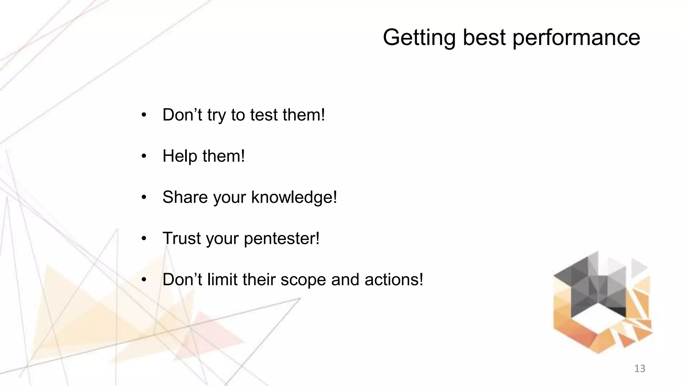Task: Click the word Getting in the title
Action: coord(419,38)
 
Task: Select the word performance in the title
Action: coord(576,38)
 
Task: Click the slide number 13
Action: coord(640,369)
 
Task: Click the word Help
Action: coord(179,156)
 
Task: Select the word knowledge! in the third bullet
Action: coord(294,197)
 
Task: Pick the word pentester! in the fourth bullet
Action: coord(281,239)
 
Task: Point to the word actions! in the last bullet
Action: coord(394,280)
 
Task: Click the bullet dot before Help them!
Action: coord(144,156)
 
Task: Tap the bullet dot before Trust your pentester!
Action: coord(144,239)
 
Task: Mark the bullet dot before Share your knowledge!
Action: coord(144,198)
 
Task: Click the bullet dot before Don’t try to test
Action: coord(144,115)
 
